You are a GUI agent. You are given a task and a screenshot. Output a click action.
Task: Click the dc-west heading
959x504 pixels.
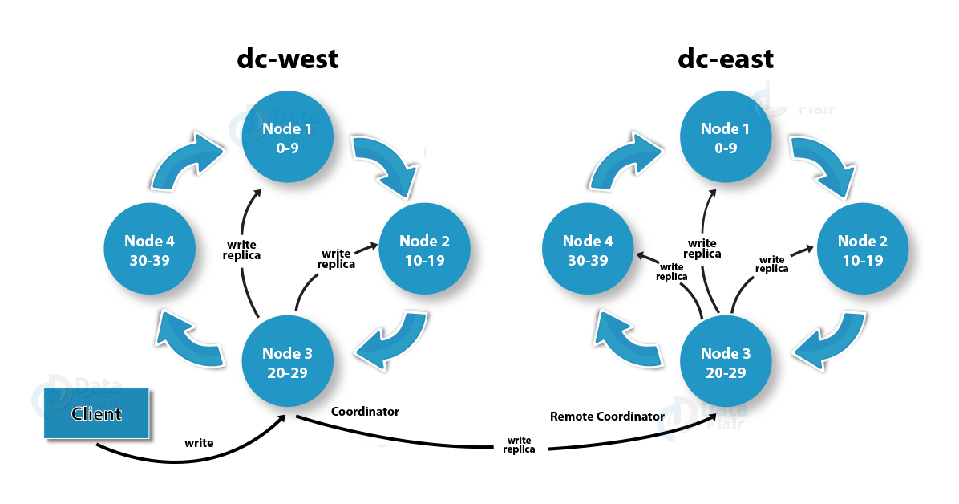tap(287, 59)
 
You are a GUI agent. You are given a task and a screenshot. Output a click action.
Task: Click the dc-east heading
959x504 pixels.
tap(726, 59)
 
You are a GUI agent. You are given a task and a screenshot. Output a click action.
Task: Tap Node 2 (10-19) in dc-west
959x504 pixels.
tap(424, 250)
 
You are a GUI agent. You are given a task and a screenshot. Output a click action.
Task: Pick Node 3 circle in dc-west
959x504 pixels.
tap(287, 363)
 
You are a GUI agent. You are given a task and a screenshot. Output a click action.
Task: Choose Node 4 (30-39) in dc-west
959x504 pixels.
tap(149, 250)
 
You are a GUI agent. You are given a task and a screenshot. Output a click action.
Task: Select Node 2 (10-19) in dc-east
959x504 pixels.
tap(862, 250)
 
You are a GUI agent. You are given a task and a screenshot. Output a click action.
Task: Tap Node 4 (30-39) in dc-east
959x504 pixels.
tap(588, 250)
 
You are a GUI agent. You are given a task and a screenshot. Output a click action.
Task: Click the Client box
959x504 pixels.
tap(96, 414)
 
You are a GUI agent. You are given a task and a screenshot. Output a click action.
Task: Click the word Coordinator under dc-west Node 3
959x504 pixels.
tap(365, 412)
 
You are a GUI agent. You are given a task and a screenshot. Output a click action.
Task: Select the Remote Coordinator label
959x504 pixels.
tap(607, 417)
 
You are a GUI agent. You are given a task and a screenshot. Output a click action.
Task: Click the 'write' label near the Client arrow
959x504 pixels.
tap(199, 442)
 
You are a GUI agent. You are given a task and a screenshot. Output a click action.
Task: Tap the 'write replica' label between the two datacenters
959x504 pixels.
tap(519, 445)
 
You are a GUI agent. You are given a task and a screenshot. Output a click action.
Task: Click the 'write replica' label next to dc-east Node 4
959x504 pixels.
tap(672, 271)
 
